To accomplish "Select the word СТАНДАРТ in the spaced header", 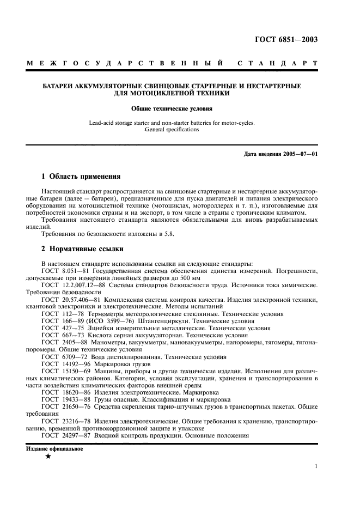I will click(x=278, y=64).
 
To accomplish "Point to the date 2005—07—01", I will click(x=299, y=154).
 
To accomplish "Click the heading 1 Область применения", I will click(x=81, y=177).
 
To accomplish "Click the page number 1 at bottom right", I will click(x=316, y=466).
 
